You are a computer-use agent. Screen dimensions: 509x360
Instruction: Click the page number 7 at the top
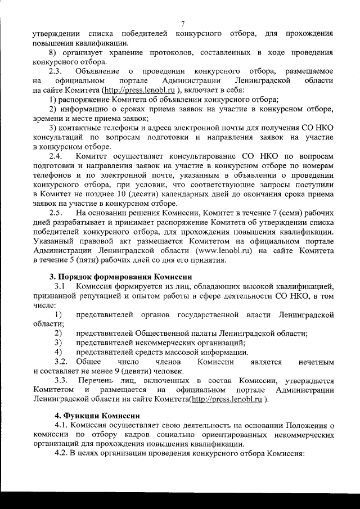coord(183,24)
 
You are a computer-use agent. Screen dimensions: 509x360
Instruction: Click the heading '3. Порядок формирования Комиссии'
coord(120,276)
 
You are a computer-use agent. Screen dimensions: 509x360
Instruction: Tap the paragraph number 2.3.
coord(56,71)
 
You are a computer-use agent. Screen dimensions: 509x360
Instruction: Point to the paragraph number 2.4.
coord(56,155)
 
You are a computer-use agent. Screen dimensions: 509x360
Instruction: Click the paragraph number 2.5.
coord(56,213)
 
